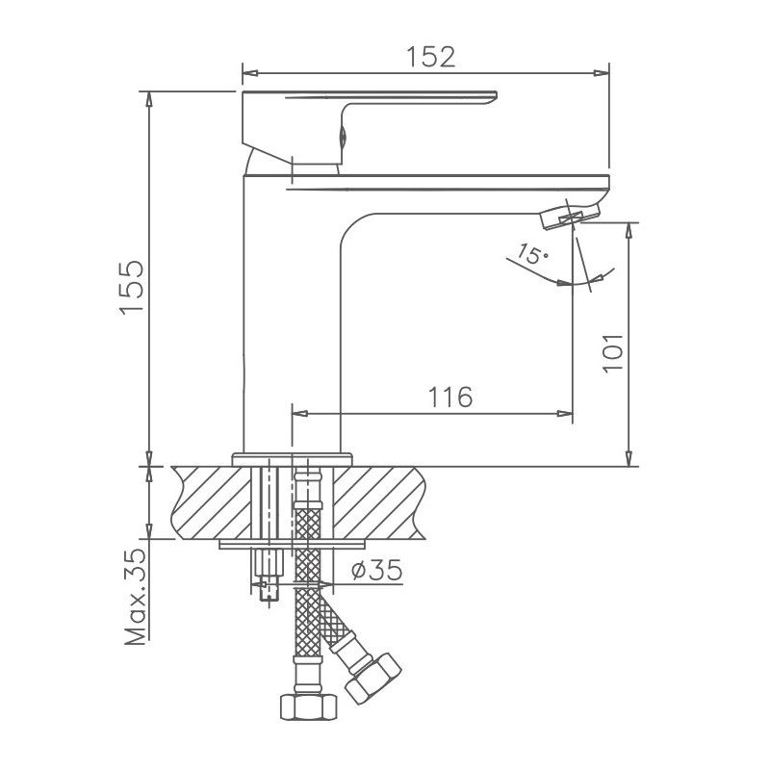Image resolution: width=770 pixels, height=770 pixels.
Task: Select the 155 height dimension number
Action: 132,286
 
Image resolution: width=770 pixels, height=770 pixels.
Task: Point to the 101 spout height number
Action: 615,352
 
